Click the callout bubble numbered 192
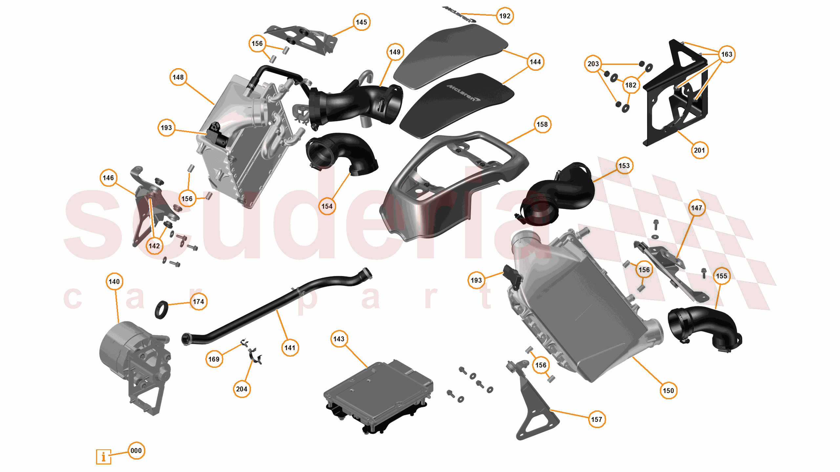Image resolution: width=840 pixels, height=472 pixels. (x=505, y=16)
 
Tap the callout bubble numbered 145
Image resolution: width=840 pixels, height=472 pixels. (x=361, y=22)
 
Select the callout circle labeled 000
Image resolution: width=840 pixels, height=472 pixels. (x=136, y=450)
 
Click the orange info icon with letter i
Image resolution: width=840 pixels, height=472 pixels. (x=103, y=457)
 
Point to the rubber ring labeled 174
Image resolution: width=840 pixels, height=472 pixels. (x=161, y=310)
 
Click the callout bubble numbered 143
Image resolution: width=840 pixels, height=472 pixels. (x=339, y=339)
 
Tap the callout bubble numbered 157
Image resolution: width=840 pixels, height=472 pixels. (x=596, y=419)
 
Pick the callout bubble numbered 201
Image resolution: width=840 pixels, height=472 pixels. (x=699, y=150)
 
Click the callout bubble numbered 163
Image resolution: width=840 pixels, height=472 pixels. (x=726, y=54)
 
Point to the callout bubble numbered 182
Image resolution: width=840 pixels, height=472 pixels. (x=631, y=85)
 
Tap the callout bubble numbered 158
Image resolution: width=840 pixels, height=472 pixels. (x=542, y=124)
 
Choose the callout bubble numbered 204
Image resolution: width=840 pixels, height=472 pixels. (x=242, y=389)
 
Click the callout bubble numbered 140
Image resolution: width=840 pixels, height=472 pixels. (x=114, y=282)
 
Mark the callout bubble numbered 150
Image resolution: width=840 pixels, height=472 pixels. (x=668, y=390)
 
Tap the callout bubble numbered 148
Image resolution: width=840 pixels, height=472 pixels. (x=178, y=77)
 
